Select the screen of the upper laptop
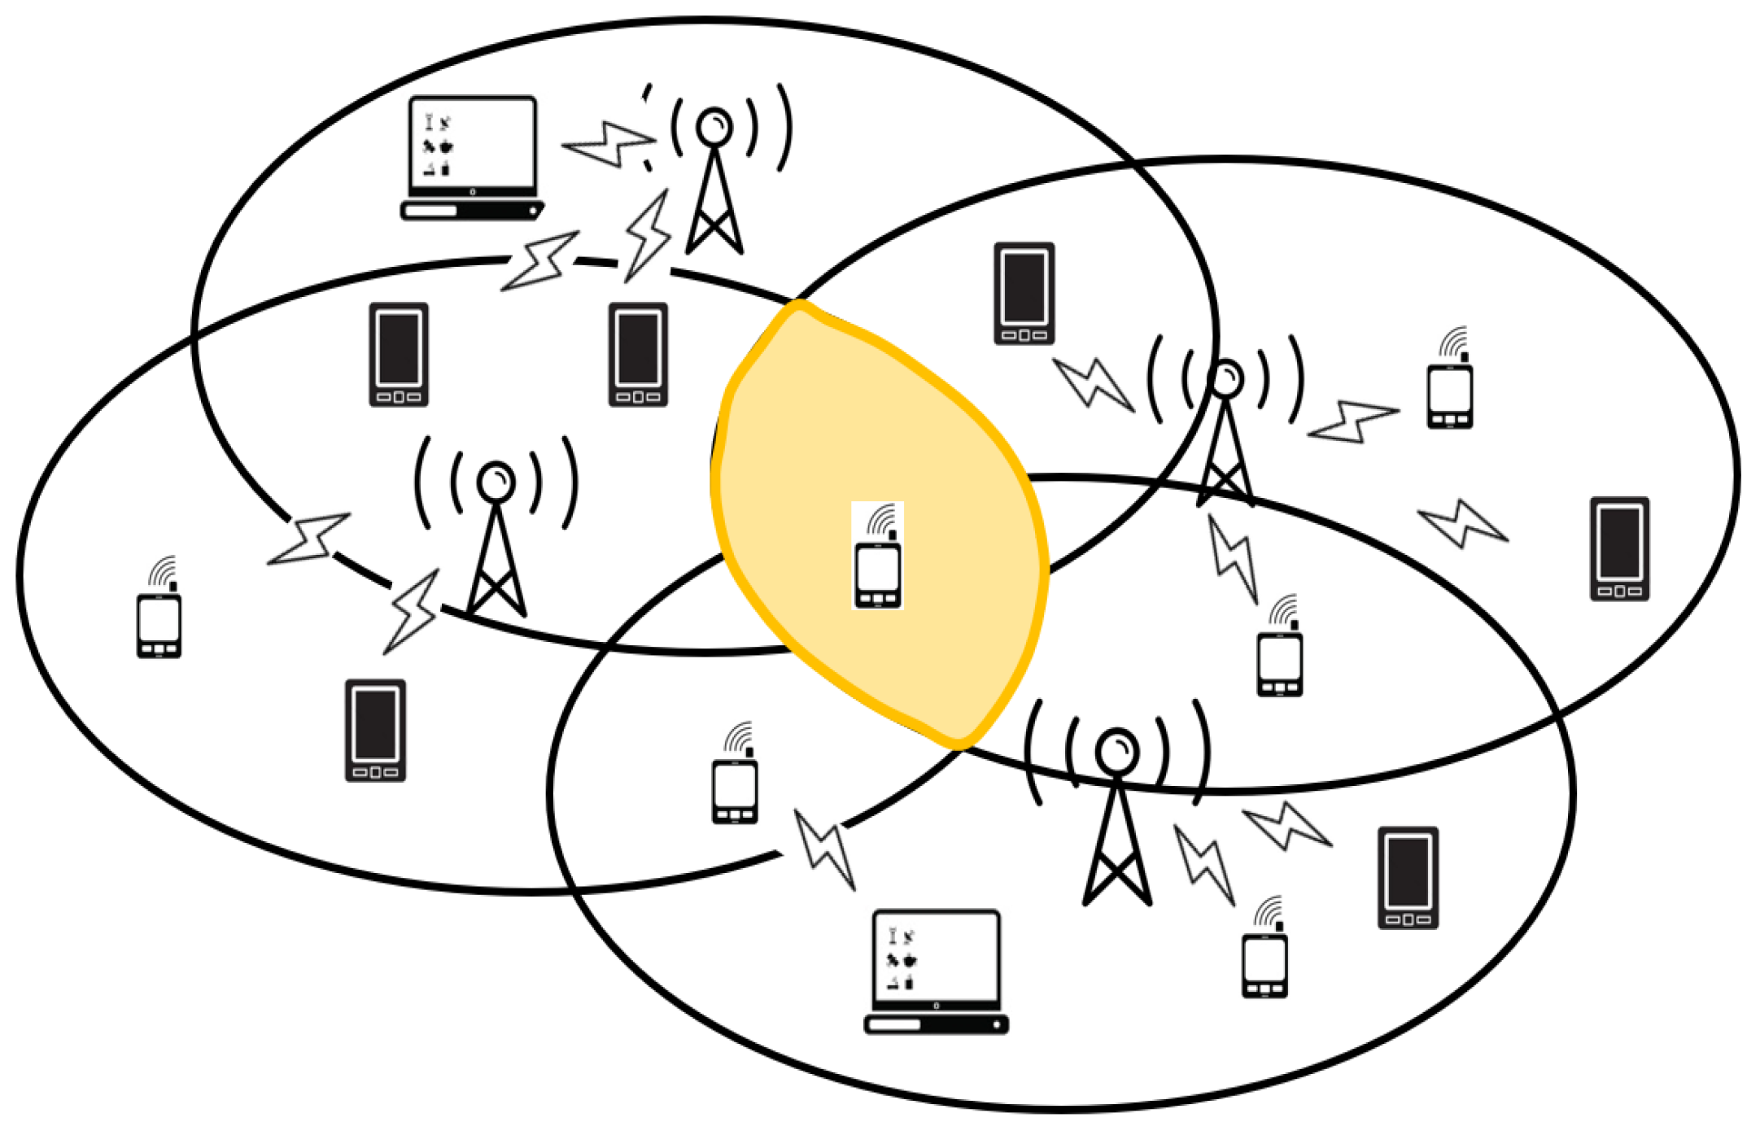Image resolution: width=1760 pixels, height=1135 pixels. (472, 144)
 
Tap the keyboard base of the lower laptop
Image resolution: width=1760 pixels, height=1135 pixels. (936, 1024)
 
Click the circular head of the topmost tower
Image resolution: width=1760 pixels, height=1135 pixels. (714, 127)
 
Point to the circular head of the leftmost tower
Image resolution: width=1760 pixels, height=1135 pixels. (496, 482)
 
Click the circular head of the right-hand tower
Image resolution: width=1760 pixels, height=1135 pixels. (1225, 379)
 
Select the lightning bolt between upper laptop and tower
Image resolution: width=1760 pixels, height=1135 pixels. (608, 144)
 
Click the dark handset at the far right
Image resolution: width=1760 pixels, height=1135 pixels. (1619, 548)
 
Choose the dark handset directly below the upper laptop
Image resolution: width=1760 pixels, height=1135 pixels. (399, 354)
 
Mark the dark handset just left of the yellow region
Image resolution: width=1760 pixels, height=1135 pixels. (638, 354)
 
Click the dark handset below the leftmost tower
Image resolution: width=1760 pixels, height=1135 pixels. (375, 730)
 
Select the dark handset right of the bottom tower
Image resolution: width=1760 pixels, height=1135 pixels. (1408, 878)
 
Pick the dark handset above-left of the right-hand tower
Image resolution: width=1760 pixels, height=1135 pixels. (1024, 293)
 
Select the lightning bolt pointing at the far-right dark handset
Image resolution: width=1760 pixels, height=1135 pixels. (1463, 523)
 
